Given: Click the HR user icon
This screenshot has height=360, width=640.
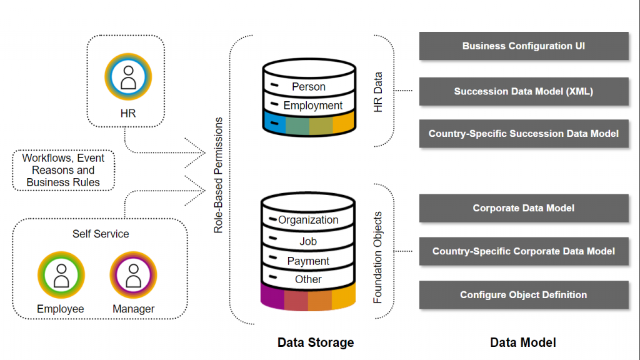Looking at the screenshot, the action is click(x=128, y=77).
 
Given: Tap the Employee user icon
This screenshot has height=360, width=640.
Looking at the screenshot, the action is click(x=61, y=275).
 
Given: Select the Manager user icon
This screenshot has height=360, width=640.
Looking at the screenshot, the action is click(x=134, y=275).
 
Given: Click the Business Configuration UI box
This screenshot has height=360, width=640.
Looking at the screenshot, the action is click(x=524, y=46).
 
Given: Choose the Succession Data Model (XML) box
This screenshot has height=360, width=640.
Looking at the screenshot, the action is click(x=524, y=91).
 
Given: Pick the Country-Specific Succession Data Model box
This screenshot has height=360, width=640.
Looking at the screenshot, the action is click(x=524, y=134).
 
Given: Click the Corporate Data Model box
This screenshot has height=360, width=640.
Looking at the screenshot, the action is click(x=524, y=208).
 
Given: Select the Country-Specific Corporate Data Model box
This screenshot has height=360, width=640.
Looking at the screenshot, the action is click(x=524, y=251).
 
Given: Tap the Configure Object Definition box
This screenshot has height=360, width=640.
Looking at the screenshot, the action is click(x=524, y=295).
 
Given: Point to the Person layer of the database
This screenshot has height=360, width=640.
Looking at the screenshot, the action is click(x=309, y=86).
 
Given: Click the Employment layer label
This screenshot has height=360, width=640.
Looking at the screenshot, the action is click(x=312, y=105).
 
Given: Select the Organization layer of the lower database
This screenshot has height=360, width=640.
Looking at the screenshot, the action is click(x=308, y=219).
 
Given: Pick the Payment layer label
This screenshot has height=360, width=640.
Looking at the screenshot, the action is click(x=308, y=261).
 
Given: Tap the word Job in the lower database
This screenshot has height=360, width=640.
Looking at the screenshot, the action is click(x=308, y=241).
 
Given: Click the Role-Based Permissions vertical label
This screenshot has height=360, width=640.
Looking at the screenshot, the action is click(x=218, y=176).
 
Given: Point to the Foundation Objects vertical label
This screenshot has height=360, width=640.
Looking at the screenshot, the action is click(x=377, y=257).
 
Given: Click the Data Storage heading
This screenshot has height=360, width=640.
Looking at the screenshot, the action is click(x=316, y=342).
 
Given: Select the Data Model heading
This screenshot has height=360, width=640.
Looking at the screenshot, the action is click(x=523, y=342).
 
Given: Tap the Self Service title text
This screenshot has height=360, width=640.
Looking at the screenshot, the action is click(x=101, y=234).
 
